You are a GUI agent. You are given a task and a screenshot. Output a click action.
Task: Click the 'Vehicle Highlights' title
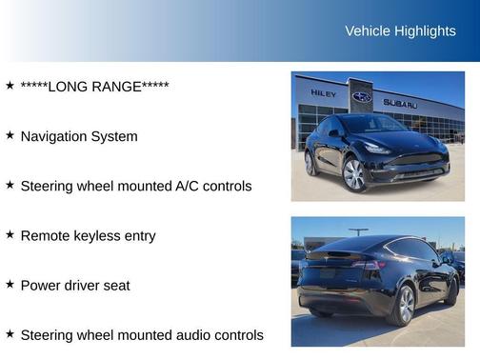coord(400,31)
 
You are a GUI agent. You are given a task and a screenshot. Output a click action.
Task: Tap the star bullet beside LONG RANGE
coord(10,86)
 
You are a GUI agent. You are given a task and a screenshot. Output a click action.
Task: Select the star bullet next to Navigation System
coord(10,135)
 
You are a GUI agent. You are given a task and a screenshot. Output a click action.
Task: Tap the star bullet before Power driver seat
coord(10,284)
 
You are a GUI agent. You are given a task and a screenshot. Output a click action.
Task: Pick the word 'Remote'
coord(44,235)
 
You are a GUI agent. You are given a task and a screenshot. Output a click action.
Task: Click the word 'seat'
coord(115,285)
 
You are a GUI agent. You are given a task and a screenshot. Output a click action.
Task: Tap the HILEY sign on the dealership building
coord(324,93)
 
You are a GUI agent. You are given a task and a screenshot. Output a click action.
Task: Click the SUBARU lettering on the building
coord(400,103)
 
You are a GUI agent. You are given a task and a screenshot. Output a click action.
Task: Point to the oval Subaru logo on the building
coord(362,97)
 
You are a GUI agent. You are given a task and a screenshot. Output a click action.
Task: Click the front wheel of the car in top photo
coord(354,174)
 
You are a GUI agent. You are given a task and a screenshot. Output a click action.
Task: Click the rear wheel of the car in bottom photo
coord(406,304)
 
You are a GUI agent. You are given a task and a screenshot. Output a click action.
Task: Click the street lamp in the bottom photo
coord(358,231)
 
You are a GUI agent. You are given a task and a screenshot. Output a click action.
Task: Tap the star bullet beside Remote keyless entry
coord(10,234)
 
